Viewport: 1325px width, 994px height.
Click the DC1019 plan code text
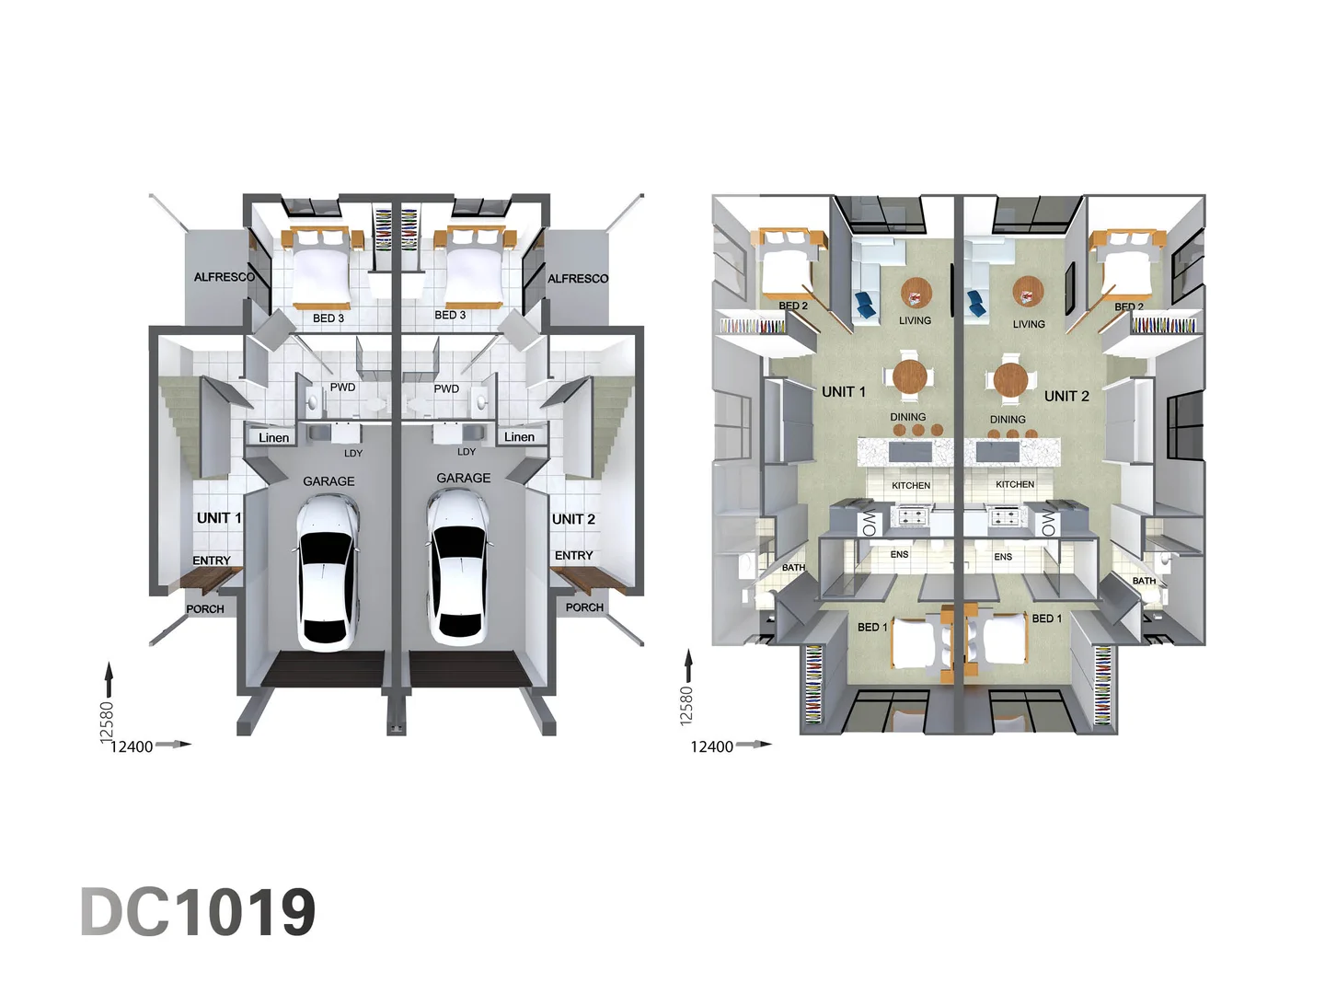198,912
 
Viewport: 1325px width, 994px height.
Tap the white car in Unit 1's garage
328,573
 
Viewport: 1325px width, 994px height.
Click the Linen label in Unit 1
273,437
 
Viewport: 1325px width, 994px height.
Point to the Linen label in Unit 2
519,437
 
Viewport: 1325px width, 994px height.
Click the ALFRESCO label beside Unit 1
224,278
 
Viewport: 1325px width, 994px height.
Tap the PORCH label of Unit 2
584,607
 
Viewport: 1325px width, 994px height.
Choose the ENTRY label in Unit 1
212,561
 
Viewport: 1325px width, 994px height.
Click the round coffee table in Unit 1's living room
916,294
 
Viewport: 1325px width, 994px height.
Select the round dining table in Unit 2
1010,379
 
